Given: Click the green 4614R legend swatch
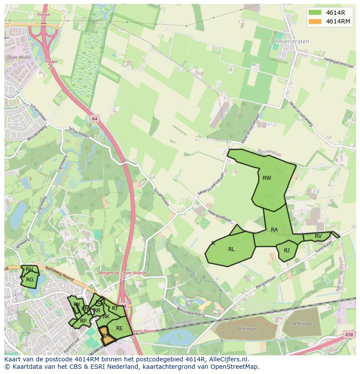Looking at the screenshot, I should (315, 13).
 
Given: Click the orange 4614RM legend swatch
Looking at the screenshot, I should (315, 21).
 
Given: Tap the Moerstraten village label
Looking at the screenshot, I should (293, 42).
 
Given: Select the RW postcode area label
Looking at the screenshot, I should (267, 178).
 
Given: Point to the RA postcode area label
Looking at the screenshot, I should (274, 229).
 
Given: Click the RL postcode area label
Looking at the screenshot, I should (231, 249).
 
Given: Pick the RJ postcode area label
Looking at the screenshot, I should (287, 251).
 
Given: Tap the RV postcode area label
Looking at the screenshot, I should (318, 236).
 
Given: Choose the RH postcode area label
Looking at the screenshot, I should (29, 269).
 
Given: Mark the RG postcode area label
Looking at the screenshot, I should (30, 280).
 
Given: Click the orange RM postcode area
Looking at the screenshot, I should (106, 337).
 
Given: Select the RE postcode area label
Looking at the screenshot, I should (119, 328).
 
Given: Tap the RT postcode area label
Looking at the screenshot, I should (115, 308).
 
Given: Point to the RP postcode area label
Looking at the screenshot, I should (83, 321).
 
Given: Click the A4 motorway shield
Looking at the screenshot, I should (94, 118).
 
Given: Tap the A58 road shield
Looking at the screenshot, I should (349, 334).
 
